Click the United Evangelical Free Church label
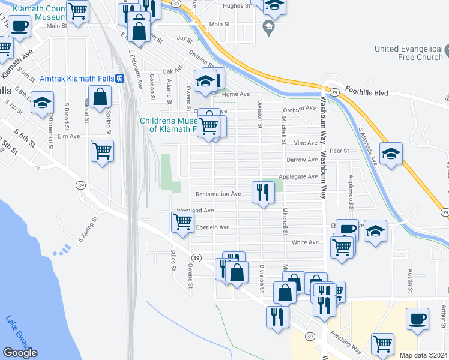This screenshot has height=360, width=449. pos(408,53)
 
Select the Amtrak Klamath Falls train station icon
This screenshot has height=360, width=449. pos(120,79)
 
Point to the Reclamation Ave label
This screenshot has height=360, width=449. pos(218,194)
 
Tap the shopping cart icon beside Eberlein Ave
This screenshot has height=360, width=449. pos(182,222)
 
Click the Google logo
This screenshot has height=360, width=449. pos(20,353)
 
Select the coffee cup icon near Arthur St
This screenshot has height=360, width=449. pos(418,319)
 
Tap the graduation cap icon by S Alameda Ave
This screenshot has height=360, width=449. pos(391,154)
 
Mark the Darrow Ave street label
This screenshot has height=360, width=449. pos(301,160)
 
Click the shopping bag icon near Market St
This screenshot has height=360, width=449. pos(100,96)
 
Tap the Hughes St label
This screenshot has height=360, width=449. pos(236,5)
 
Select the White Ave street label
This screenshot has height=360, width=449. pos(305,242)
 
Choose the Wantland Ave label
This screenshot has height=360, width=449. pos(195,211)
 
